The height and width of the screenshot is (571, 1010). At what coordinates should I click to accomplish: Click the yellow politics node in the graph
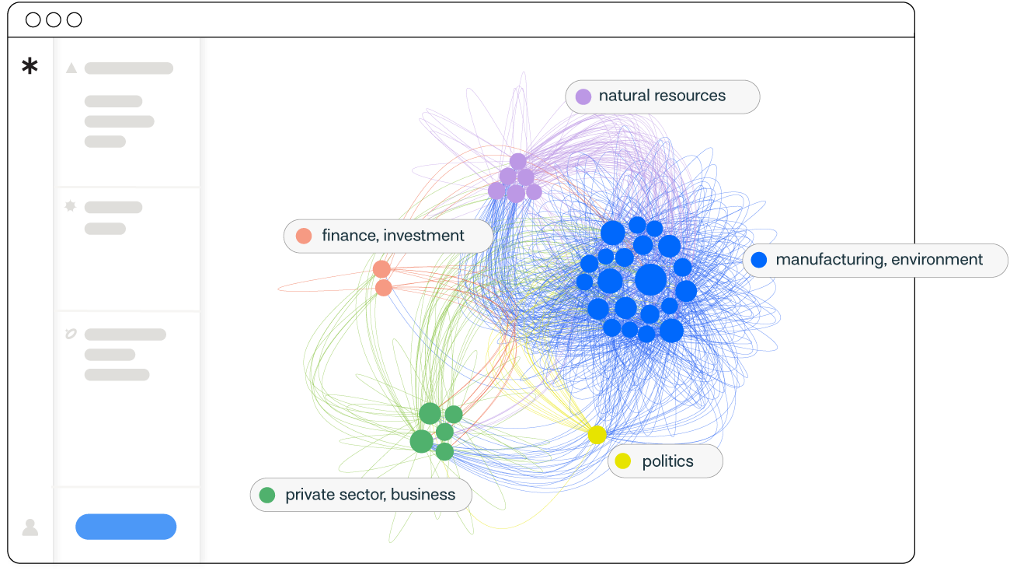point(597,435)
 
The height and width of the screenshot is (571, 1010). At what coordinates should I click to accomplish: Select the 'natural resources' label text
point(662,96)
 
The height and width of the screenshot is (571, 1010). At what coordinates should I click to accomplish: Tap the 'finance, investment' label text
point(393,236)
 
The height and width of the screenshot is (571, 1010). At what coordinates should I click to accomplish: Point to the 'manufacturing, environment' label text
point(879,260)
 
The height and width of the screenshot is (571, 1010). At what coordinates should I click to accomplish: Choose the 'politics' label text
point(667,461)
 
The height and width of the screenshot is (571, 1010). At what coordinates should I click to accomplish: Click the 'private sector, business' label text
point(370,495)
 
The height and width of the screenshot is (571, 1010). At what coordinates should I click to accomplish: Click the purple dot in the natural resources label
point(583,96)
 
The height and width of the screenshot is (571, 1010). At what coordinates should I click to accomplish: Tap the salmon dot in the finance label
point(304,236)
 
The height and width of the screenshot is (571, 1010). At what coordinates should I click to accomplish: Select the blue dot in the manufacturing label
point(759,260)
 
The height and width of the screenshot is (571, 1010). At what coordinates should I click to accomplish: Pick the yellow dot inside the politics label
point(622,461)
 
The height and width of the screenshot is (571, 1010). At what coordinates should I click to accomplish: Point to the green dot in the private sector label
point(267,495)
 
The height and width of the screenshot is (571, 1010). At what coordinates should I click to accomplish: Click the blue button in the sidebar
point(126,527)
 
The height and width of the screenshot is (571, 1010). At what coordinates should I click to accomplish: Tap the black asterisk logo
point(30,67)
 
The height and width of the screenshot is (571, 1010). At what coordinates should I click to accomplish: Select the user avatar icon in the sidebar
point(30,527)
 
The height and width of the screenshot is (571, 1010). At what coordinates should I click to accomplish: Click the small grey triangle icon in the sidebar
point(71,68)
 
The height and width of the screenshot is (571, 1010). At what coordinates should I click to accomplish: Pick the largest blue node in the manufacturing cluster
point(650,280)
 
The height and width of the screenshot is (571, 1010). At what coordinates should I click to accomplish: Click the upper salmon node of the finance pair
point(381,269)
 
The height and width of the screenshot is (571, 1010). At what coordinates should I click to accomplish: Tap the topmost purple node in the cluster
point(518,162)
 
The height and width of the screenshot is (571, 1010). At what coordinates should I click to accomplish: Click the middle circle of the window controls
point(54,20)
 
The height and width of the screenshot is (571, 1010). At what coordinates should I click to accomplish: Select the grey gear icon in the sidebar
point(71,207)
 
